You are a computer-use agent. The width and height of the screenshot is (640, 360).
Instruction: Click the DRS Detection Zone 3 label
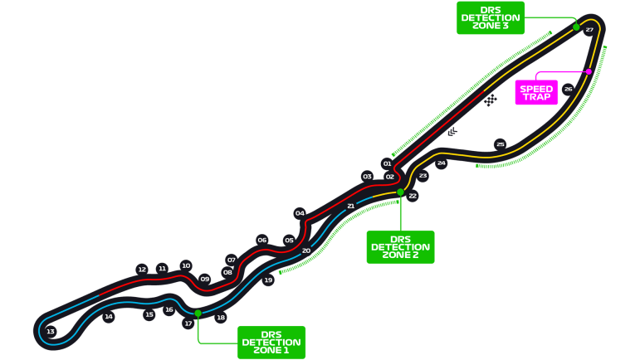[490, 17]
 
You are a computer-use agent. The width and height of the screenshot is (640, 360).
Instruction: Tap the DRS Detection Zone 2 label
[400, 246]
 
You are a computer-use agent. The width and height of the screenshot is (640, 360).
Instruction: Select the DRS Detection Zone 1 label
[271, 342]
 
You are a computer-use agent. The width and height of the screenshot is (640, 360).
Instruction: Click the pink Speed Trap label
[535, 92]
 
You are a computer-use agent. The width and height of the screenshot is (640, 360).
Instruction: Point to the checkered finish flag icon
[491, 100]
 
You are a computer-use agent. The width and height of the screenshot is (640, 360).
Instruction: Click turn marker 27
[589, 30]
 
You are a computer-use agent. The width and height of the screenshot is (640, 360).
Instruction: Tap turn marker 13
[51, 332]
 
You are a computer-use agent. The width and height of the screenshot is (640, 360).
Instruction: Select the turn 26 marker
[568, 89]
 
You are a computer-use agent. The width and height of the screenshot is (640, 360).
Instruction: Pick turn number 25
[500, 144]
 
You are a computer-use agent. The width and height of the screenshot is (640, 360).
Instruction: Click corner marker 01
[387, 164]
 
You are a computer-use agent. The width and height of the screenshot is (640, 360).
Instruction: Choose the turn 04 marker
[300, 213]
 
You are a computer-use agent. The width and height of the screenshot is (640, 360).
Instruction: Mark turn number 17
[188, 324]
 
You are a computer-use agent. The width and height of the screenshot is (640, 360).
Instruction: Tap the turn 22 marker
[413, 197]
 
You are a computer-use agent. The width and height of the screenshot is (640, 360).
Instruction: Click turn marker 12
[142, 270]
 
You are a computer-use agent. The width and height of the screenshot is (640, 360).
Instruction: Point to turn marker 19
[268, 281]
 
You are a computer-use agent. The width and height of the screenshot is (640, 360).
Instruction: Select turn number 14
[108, 317]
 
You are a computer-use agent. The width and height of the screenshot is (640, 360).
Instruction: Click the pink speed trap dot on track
[589, 71]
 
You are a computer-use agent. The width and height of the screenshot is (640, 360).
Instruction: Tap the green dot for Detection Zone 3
[576, 27]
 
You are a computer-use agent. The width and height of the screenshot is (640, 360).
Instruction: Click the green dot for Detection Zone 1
[198, 313]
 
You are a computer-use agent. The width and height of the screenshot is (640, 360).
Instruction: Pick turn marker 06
[262, 240]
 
